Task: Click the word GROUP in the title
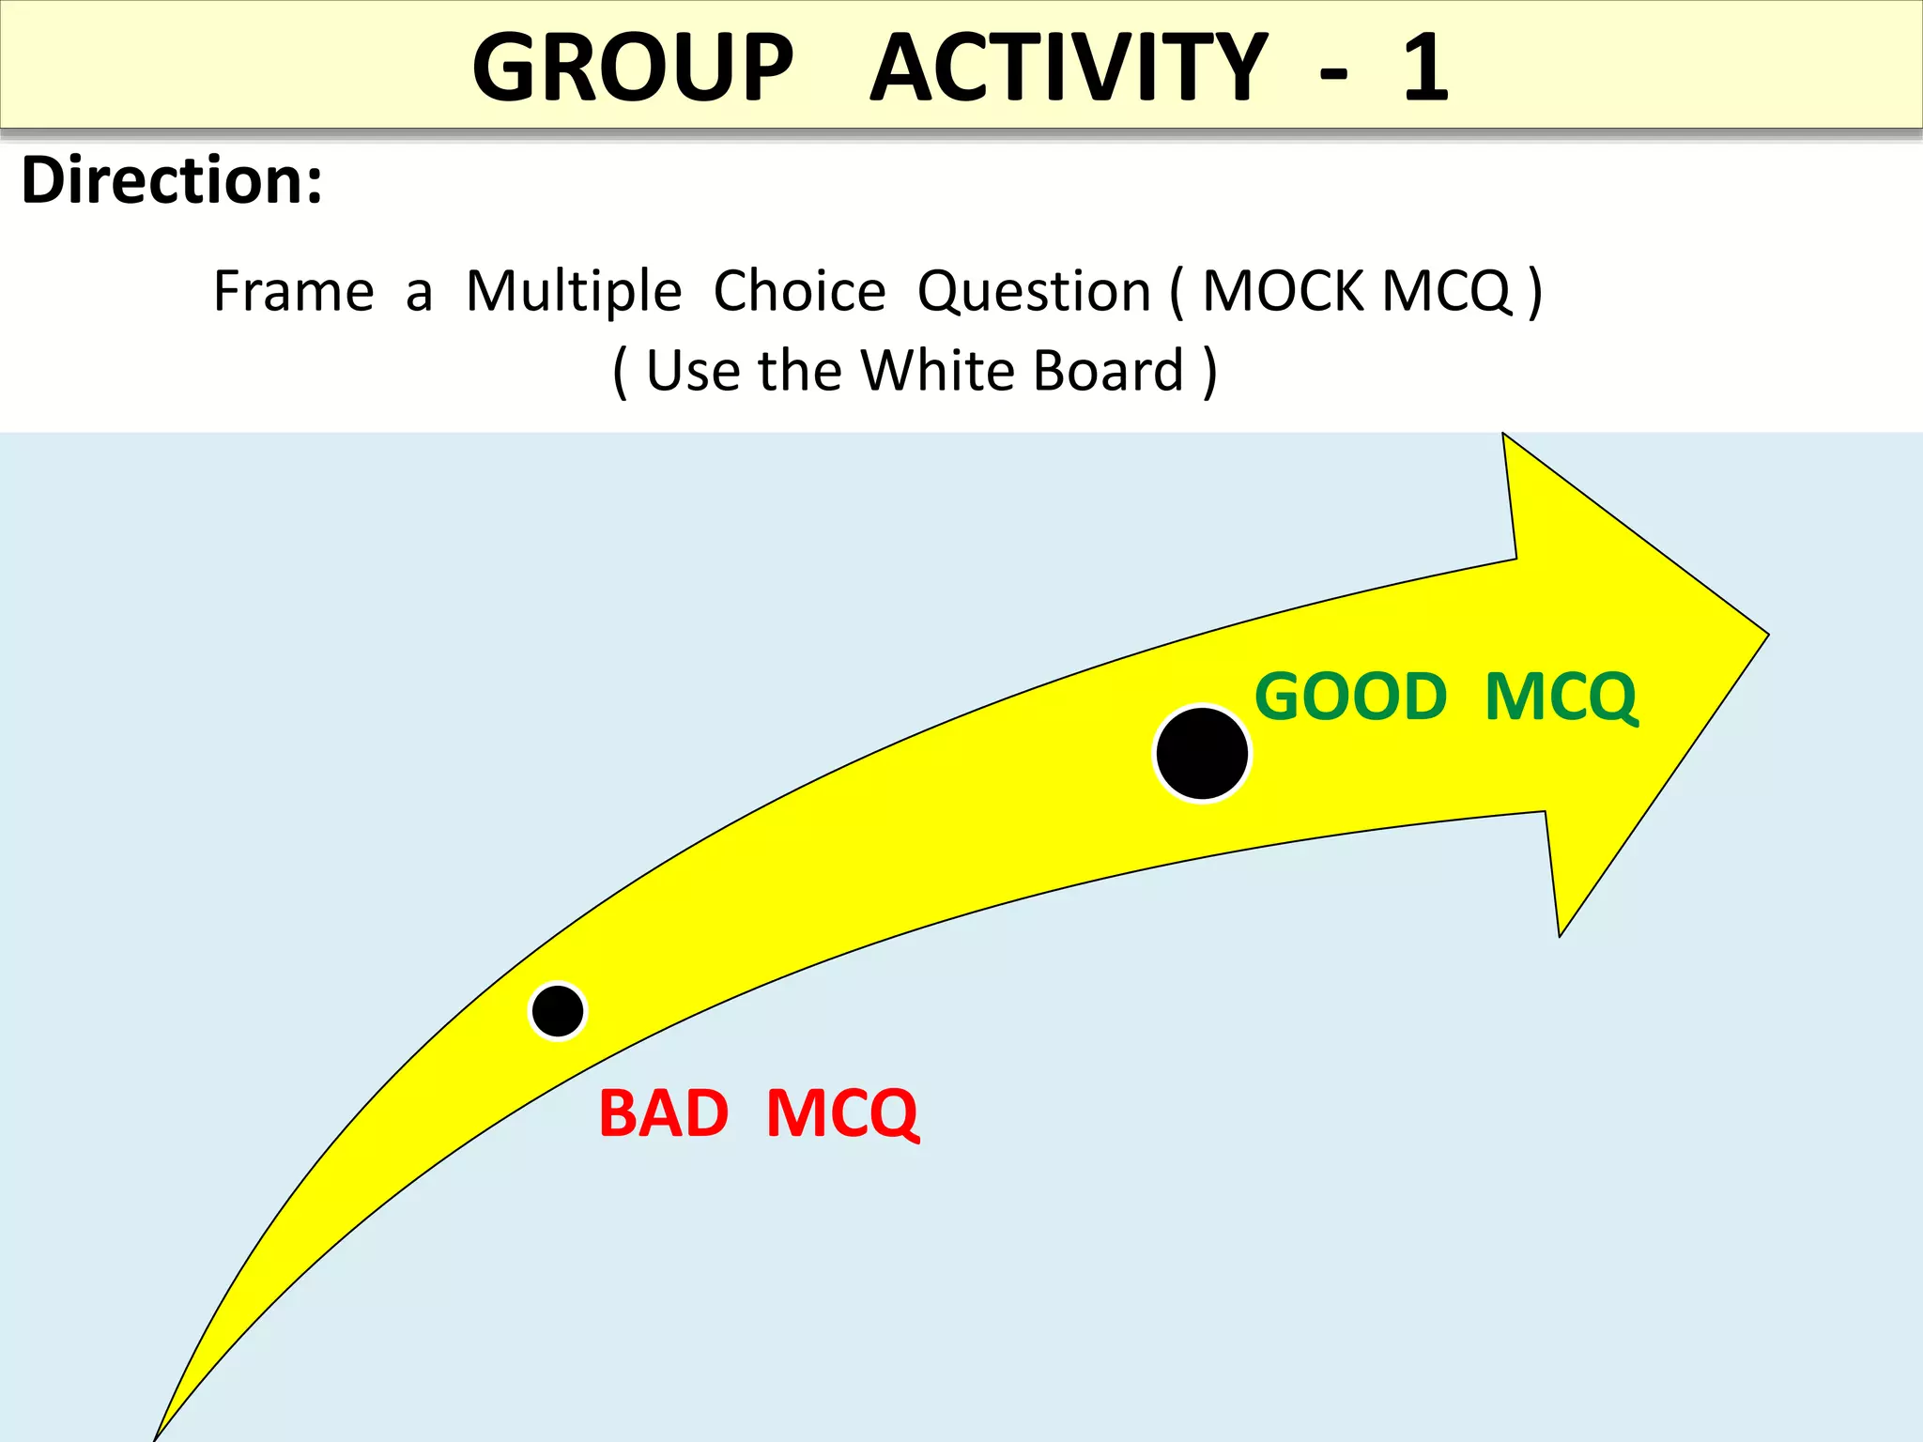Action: [x=633, y=68]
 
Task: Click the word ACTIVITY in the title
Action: [x=1069, y=68]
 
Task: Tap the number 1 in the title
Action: [x=1425, y=68]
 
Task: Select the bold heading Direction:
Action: [x=172, y=180]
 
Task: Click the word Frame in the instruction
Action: [x=294, y=291]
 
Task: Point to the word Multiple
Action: [x=574, y=291]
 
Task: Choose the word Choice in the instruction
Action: [x=799, y=291]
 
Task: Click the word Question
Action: [x=1034, y=291]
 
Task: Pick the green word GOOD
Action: [x=1350, y=698]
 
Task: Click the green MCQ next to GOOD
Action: [x=1561, y=698]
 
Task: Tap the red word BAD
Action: [x=664, y=1114]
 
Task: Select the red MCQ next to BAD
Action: [x=842, y=1114]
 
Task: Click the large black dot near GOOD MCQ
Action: [x=1202, y=753]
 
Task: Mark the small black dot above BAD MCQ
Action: [x=558, y=1011]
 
